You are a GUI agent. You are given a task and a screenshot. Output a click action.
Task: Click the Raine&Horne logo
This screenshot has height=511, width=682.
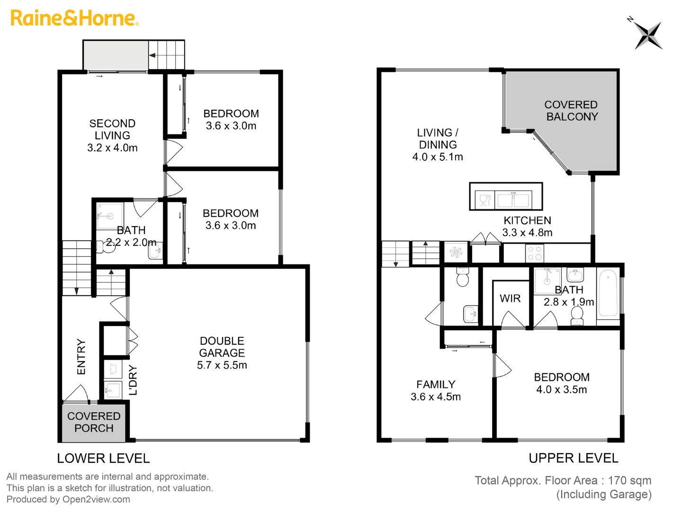[74, 18]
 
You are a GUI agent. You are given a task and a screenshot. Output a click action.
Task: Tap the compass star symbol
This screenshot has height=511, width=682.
[647, 35]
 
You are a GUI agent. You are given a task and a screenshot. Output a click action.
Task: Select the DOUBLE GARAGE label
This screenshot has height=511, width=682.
[222, 347]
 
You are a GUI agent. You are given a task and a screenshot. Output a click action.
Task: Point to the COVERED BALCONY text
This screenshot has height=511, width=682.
[571, 111]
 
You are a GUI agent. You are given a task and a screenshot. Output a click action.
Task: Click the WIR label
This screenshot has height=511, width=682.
[510, 299]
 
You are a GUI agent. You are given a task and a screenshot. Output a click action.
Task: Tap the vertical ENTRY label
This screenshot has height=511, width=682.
[81, 357]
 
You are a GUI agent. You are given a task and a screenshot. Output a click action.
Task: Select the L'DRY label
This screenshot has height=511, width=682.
[133, 380]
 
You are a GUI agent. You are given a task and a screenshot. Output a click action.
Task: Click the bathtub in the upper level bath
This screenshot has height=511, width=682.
[608, 293]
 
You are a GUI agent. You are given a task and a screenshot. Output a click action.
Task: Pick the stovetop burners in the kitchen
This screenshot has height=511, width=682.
[535, 254]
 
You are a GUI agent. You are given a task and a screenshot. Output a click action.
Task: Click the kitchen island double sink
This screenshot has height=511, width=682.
[513, 200]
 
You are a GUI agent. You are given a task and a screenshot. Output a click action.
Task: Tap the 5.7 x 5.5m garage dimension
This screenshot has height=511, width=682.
[222, 365]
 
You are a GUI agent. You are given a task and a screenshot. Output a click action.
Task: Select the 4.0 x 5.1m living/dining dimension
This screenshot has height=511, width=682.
[438, 157]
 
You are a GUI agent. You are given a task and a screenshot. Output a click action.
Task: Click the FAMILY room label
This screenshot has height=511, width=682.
[436, 385]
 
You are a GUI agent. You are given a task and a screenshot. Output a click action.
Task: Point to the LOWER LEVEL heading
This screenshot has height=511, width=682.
[103, 458]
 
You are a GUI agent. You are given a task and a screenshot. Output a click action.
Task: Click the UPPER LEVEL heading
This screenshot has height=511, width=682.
[573, 458]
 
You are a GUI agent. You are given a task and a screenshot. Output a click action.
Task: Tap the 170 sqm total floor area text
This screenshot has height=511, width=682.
[629, 481]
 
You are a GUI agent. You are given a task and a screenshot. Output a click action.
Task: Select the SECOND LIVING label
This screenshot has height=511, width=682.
[112, 129]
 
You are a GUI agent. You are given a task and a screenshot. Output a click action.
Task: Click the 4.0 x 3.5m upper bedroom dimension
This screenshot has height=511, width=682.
[561, 390]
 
